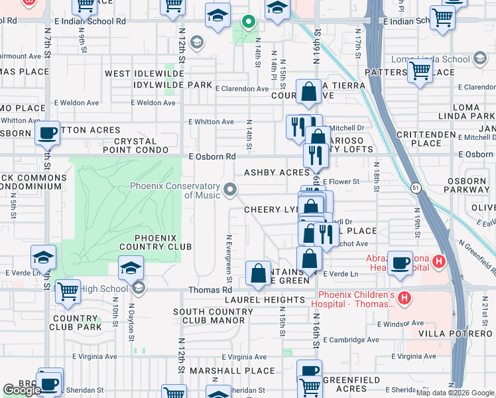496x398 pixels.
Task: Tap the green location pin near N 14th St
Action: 248,23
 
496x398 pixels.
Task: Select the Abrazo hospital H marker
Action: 438,262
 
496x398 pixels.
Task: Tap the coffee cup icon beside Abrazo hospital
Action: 400,263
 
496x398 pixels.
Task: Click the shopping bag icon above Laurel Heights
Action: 258,273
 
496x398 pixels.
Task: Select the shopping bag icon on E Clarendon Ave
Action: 309,92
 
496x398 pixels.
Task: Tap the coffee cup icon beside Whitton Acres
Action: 47,133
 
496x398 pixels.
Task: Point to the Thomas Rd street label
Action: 210,290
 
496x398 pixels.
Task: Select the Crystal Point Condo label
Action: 135,146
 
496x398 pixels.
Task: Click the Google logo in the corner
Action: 22,390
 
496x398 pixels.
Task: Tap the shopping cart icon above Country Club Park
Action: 68,291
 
